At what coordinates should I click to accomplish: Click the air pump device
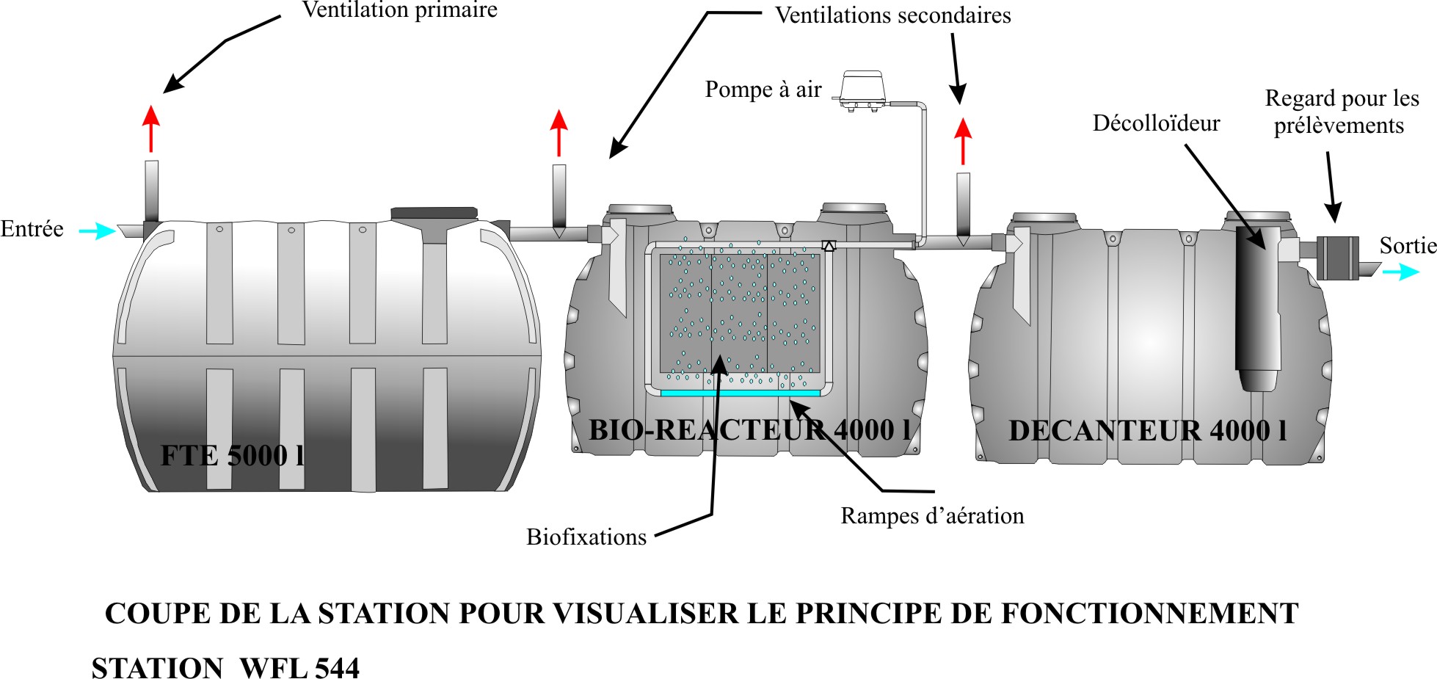click(863, 90)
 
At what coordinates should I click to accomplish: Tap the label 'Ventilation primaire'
click(399, 10)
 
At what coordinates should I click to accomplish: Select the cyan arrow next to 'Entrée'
click(97, 231)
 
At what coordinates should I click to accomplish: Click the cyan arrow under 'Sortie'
click(1400, 272)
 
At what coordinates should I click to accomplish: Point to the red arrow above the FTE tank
click(151, 128)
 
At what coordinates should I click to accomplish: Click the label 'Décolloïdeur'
click(1156, 123)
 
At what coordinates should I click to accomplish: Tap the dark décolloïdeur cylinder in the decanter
click(1257, 308)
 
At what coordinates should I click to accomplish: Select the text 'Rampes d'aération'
click(932, 516)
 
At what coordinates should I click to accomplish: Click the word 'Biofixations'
click(586, 537)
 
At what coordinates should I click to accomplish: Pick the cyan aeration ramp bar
click(740, 393)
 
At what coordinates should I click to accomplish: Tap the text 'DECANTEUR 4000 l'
click(1148, 431)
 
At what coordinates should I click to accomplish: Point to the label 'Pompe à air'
click(763, 90)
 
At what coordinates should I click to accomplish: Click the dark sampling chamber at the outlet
click(1337, 257)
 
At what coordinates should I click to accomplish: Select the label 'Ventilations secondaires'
click(893, 15)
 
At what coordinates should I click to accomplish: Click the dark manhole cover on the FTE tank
click(434, 213)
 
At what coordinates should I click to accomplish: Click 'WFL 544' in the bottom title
click(299, 669)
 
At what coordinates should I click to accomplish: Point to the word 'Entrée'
click(32, 229)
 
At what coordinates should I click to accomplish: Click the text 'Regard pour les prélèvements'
click(1341, 112)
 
